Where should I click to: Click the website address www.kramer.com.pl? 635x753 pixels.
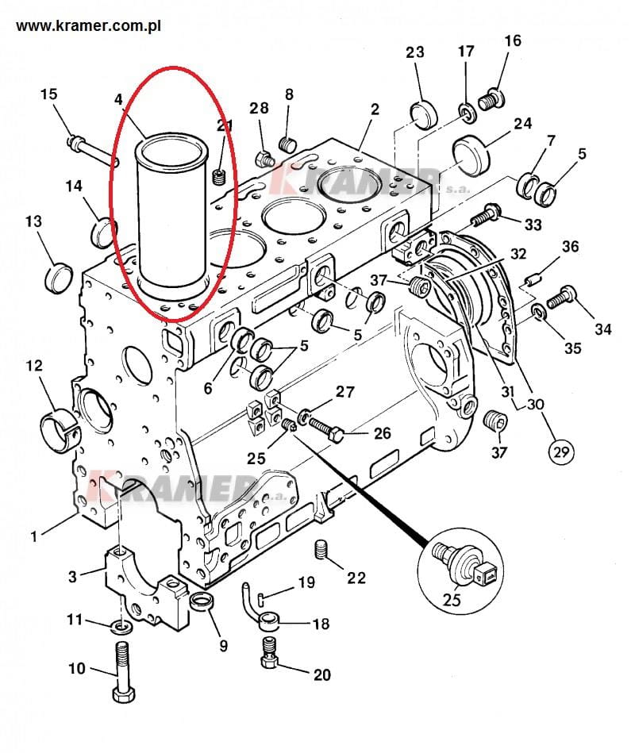(89, 26)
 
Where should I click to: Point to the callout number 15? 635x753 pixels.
(48, 94)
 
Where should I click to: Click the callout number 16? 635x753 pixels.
(513, 41)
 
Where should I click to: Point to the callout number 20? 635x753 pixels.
(321, 675)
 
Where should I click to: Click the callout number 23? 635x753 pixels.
(415, 53)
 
